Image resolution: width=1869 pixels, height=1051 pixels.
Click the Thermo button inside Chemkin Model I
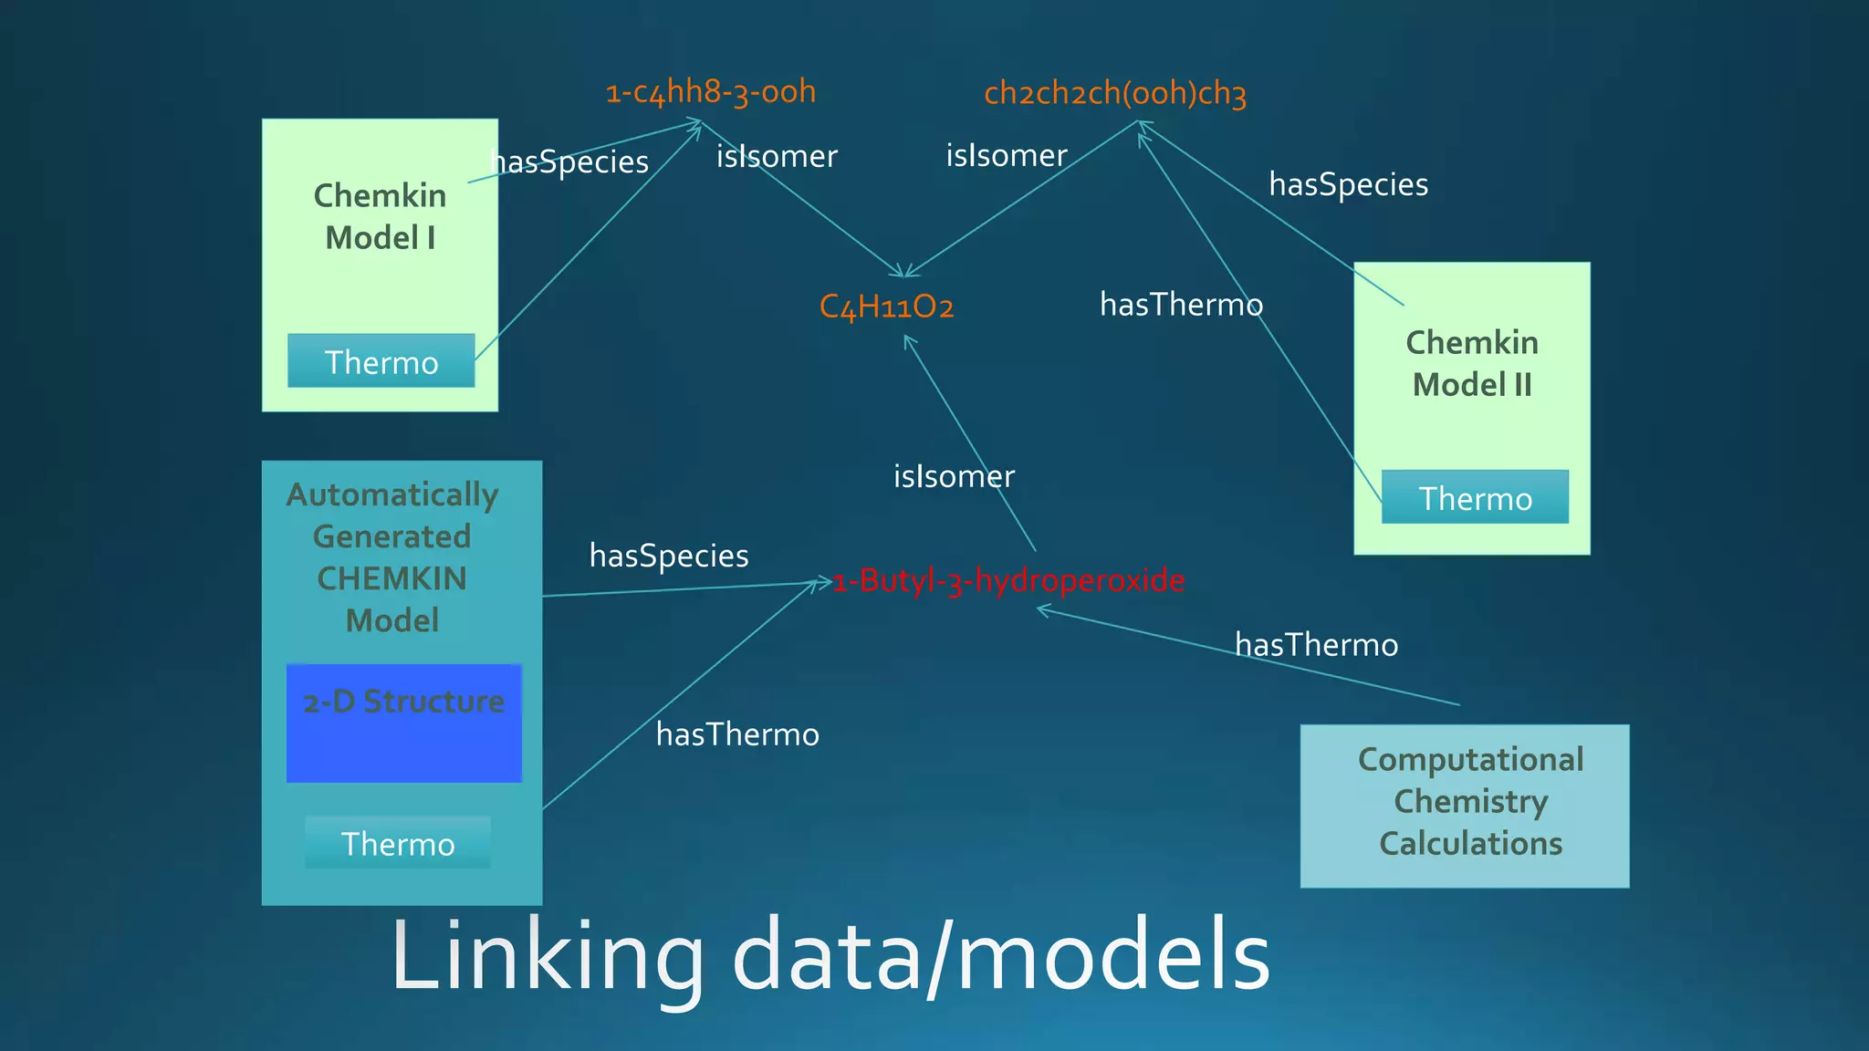coord(381,361)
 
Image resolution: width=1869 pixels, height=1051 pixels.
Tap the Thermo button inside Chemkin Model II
coord(1475,497)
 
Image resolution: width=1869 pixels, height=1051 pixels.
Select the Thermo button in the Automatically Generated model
coord(398,843)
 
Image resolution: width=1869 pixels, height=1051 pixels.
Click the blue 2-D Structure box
coord(404,723)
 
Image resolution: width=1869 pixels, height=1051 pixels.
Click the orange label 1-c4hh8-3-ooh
coord(711,91)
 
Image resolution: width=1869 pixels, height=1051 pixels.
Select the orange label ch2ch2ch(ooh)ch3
coord(1114,93)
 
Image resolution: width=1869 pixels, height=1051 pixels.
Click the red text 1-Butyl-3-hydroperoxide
coord(1008,580)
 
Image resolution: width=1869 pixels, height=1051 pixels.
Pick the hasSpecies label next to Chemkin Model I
coord(569,161)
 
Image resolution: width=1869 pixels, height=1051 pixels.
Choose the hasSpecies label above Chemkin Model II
coord(1348,184)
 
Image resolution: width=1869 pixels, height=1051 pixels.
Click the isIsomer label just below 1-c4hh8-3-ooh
coord(777,156)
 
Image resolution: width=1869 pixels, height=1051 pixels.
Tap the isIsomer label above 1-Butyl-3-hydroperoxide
coord(954,476)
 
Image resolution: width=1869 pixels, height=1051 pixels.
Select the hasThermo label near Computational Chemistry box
coord(1316,645)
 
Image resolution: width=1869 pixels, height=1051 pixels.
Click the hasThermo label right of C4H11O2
coord(1181,305)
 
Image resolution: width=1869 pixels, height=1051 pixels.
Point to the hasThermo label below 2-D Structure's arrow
coord(737,734)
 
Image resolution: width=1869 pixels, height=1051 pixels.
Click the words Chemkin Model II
coord(1471,363)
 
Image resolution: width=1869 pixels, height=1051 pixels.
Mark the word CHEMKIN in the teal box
coord(392,578)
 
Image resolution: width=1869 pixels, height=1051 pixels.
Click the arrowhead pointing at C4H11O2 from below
coord(908,340)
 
